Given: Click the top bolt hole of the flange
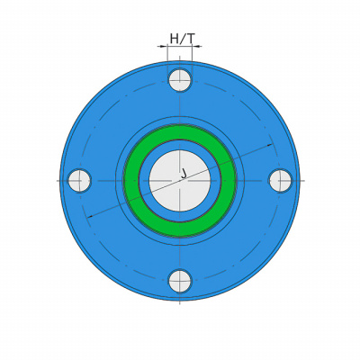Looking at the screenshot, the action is click(x=180, y=80).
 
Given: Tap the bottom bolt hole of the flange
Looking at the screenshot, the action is click(x=180, y=282).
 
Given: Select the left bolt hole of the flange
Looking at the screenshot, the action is click(x=79, y=181).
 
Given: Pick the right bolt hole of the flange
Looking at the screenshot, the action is click(x=280, y=181).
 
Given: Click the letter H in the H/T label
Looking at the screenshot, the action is click(x=175, y=39).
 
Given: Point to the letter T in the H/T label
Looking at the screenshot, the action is click(x=191, y=39).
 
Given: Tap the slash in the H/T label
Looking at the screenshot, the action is click(x=183, y=39).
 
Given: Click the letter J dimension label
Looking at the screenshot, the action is click(x=184, y=174).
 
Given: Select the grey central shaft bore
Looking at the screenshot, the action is click(x=180, y=181).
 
